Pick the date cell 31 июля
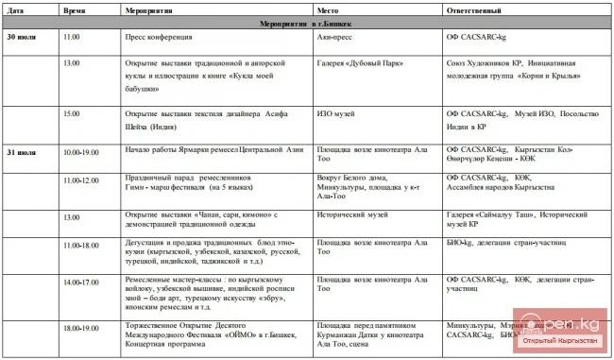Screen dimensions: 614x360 point(23,151)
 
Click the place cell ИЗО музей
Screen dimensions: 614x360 point(336,113)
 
